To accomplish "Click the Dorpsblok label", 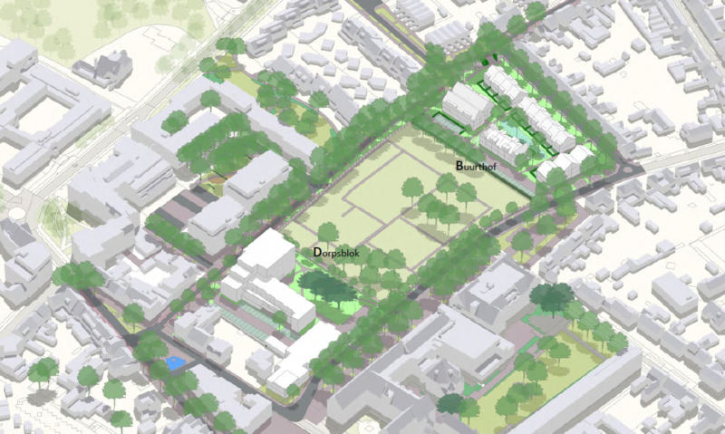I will point(336,253).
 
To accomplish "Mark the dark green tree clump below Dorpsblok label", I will point(327,288).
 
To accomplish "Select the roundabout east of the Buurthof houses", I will point(632,169).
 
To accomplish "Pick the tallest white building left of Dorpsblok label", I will point(266,254).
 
